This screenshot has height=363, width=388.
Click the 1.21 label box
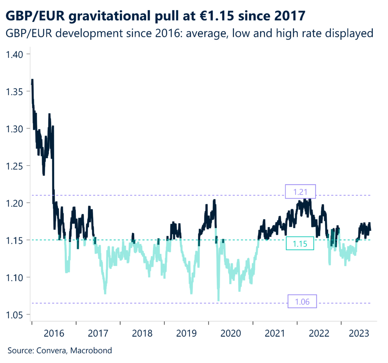300,192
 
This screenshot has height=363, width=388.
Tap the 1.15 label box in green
300,244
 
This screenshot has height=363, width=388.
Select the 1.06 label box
302,302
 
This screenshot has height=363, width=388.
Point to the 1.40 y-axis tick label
15,55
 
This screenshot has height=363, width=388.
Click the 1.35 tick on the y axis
15,92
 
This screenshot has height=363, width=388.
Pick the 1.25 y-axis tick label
15,166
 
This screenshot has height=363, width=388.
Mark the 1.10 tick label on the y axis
15,277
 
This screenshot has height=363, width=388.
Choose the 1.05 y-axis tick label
15,315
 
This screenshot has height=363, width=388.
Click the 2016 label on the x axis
53,333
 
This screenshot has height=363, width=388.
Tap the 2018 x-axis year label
142,333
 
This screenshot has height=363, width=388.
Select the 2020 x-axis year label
231,333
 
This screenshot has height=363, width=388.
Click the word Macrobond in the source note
94,350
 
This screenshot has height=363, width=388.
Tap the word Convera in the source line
51,350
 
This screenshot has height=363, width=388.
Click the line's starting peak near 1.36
32,80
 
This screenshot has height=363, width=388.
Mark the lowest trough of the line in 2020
218,300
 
